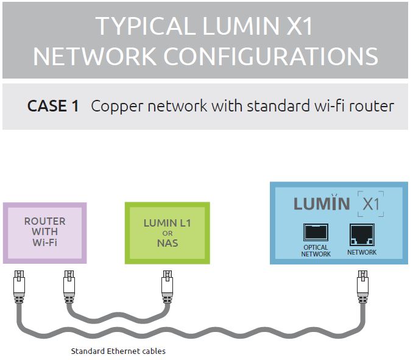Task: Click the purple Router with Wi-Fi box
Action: pos(44,232)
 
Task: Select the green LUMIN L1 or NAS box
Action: pos(167,233)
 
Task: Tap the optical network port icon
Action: pos(316,233)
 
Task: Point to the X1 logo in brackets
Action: pos(371,204)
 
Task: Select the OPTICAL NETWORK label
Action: pos(316,250)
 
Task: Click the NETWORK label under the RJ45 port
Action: pos(362,252)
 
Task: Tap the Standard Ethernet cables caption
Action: pos(118,351)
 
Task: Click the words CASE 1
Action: pos(53,106)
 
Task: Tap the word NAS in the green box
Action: pos(167,244)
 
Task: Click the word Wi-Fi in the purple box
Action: pos(44,242)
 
